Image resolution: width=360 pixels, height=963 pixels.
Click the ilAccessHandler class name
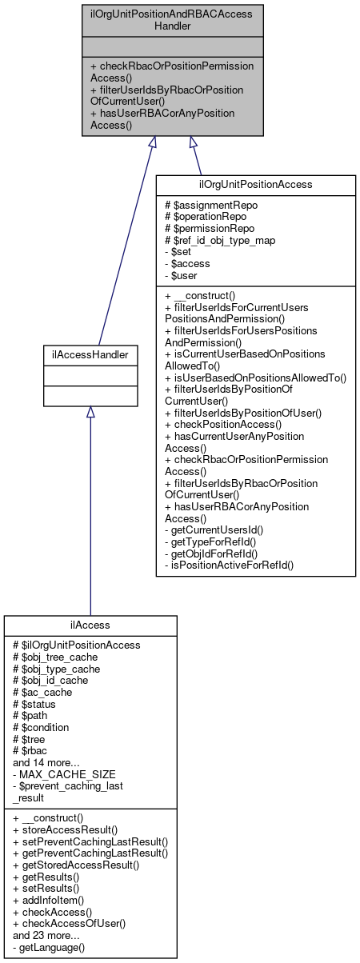pyautogui.click(x=90, y=353)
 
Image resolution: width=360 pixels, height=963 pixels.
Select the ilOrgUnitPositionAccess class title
pyautogui.click(x=255, y=184)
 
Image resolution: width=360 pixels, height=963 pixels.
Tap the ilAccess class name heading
pyautogui.click(x=90, y=625)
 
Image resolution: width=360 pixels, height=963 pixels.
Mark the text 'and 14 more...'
pyautogui.click(x=46, y=762)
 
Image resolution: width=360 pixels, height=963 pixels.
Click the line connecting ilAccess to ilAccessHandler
pyautogui.click(x=90, y=512)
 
